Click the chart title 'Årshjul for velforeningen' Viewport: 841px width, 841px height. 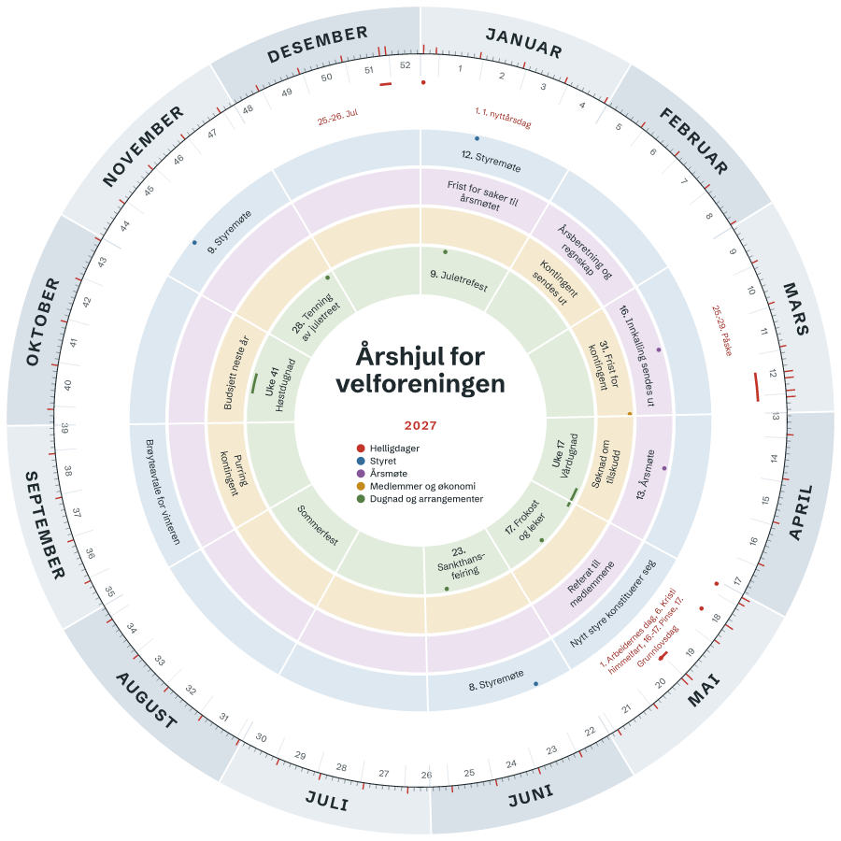coord(420,369)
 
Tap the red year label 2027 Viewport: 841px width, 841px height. coord(420,426)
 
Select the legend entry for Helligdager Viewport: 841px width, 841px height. coord(389,449)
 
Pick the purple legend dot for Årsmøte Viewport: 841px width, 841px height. coord(361,474)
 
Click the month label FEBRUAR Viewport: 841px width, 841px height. coord(693,141)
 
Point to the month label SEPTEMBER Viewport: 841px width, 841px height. coord(46,525)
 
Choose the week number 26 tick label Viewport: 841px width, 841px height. coord(426,775)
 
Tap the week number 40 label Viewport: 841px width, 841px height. coord(67,385)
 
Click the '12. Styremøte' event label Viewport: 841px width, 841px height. coord(491,161)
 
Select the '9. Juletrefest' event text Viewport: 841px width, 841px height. coord(459,281)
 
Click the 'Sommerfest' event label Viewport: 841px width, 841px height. coord(318,525)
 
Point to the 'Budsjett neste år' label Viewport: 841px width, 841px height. coord(236,373)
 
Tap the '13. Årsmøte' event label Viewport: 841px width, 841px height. coord(645,475)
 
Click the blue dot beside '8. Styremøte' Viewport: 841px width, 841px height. coord(535,684)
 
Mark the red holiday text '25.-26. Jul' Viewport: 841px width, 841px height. coord(337,117)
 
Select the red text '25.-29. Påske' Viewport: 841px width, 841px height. coord(722,331)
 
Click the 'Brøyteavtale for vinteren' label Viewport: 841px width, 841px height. coord(163,492)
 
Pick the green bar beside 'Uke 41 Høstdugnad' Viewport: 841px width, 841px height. coord(254,383)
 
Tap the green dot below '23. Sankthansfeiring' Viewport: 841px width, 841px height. coord(447,589)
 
